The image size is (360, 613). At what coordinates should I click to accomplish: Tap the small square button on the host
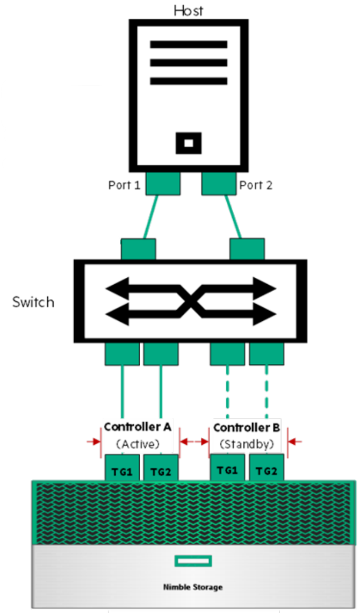click(188, 143)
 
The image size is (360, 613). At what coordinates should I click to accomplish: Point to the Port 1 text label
click(124, 185)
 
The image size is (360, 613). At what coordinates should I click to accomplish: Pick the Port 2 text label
click(256, 185)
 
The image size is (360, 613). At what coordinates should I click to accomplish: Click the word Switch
click(33, 302)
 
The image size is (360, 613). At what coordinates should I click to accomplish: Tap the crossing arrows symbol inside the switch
click(191, 301)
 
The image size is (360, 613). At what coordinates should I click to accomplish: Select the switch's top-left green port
click(139, 250)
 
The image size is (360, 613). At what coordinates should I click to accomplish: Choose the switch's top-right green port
click(247, 250)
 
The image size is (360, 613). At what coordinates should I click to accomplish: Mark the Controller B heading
click(247, 428)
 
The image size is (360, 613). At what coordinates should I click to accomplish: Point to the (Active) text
click(138, 444)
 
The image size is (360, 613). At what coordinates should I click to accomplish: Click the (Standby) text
click(247, 445)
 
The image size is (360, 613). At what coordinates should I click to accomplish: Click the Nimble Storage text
click(193, 587)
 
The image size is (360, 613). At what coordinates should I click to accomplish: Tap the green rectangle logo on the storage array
click(193, 561)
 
